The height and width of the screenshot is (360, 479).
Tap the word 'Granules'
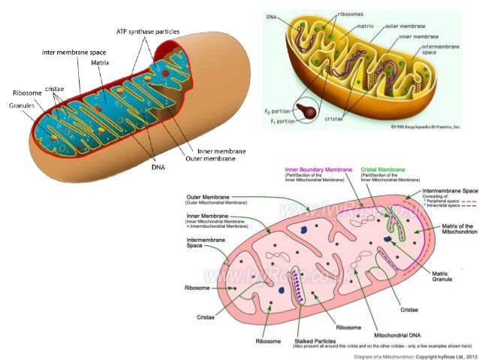click(23, 106)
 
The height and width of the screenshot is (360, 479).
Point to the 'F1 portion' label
click(275, 119)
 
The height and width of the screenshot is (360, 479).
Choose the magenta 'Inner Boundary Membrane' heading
click(313, 169)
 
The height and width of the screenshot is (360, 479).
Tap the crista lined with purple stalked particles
click(298, 286)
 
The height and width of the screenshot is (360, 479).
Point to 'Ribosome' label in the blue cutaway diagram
click(23, 92)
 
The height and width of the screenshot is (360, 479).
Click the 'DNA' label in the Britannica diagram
click(272, 15)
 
